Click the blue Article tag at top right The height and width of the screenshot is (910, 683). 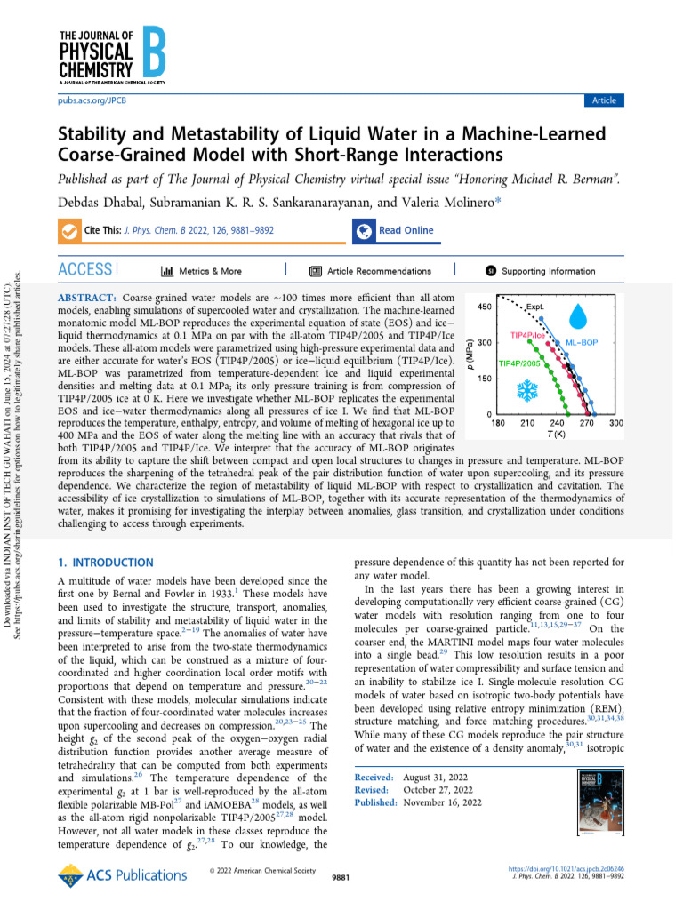[604, 100]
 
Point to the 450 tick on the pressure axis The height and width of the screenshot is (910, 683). [486, 307]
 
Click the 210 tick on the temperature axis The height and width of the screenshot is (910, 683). [527, 424]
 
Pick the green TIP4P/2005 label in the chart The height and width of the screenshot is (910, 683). [518, 363]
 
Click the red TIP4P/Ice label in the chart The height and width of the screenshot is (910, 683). [527, 336]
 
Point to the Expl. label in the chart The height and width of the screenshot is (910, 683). [535, 307]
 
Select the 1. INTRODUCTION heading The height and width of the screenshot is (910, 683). [105, 563]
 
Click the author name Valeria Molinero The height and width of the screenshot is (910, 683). [437, 203]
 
